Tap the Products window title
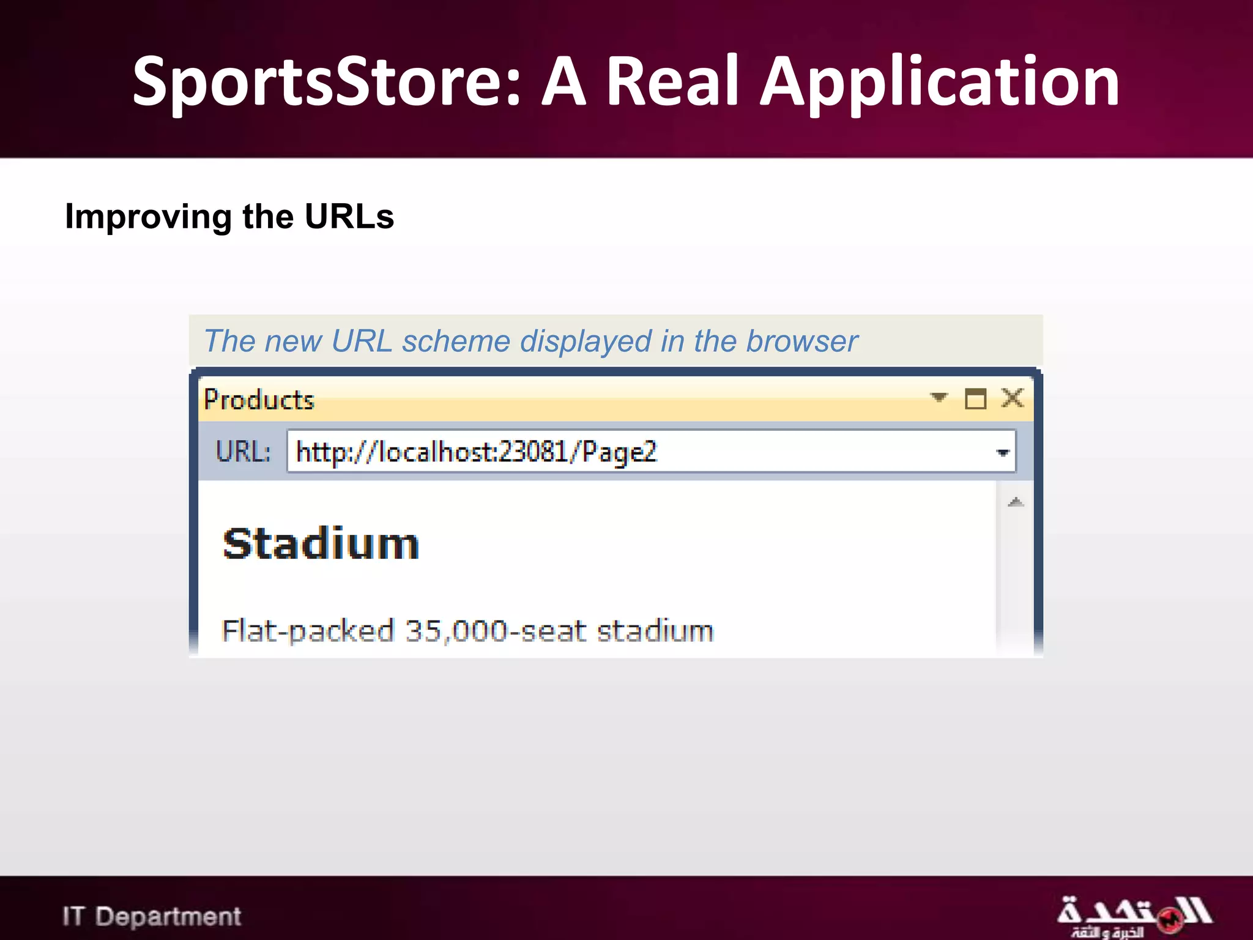(259, 400)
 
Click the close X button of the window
(1013, 398)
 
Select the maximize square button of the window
(975, 399)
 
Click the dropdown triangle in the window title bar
(939, 398)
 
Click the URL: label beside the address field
(243, 452)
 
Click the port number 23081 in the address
(532, 452)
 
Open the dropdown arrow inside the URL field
(1002, 453)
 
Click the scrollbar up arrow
(1016, 502)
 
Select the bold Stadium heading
(321, 544)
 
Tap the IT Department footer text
(152, 916)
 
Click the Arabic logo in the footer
(1133, 916)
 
